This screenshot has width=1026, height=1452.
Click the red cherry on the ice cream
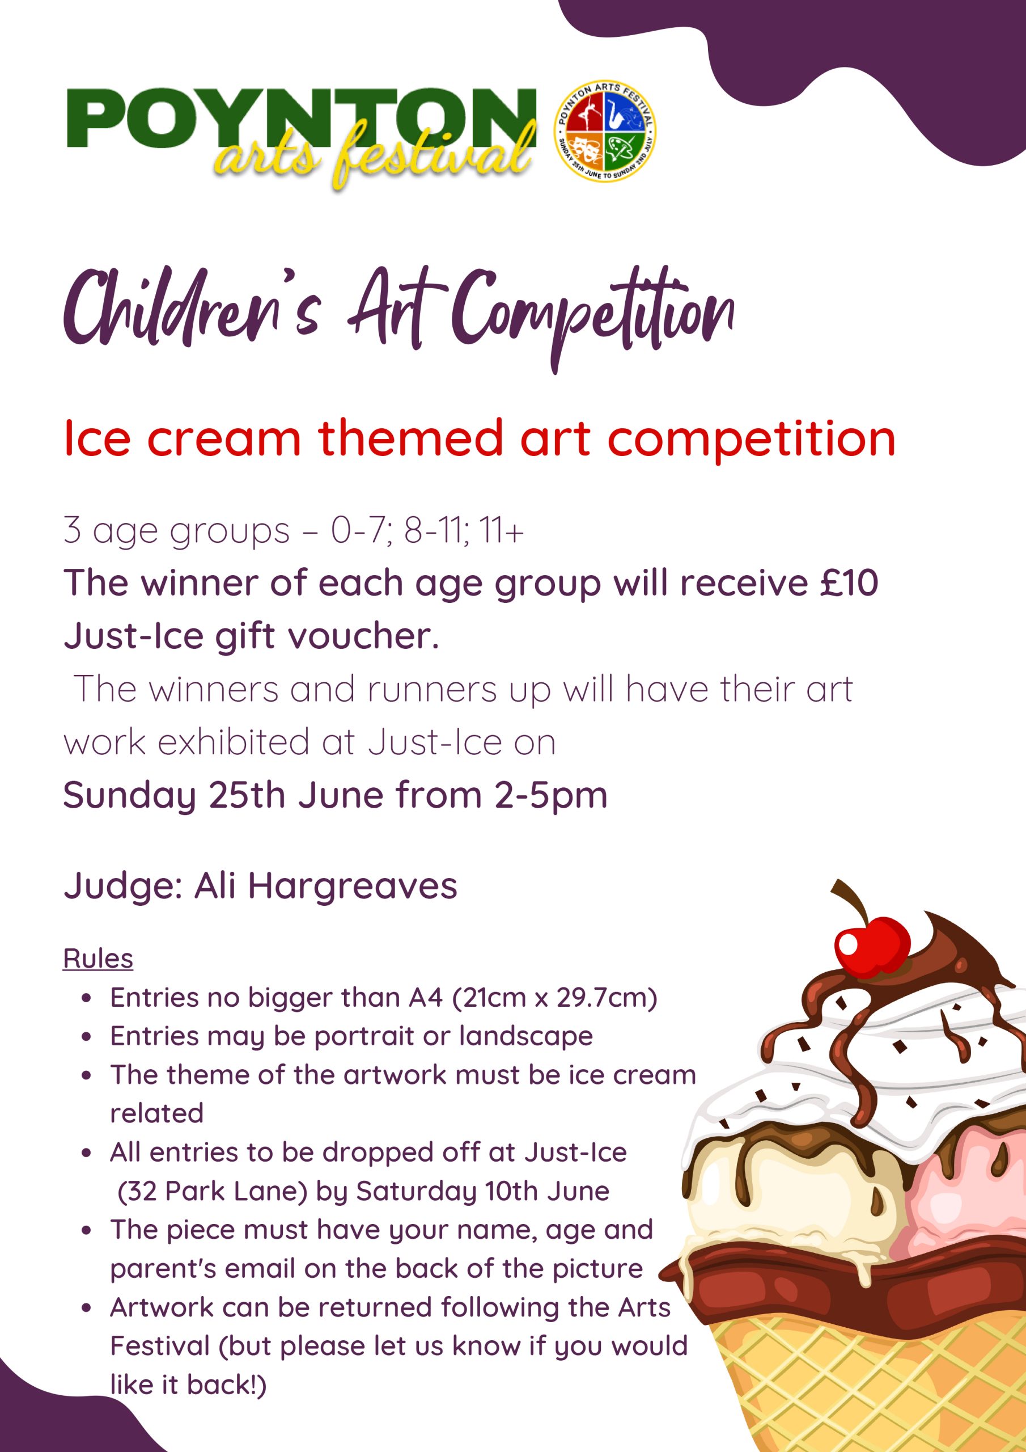click(x=872, y=944)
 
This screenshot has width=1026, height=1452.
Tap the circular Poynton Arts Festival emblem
click(x=605, y=131)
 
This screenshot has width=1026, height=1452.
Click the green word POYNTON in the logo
click(x=302, y=119)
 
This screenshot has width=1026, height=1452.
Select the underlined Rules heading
click(x=98, y=959)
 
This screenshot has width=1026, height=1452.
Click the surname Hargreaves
click(x=352, y=885)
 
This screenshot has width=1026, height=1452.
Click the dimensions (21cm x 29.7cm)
click(x=555, y=997)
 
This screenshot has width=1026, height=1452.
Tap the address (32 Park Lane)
click(x=213, y=1191)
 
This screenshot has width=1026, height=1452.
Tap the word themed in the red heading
click(x=410, y=438)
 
